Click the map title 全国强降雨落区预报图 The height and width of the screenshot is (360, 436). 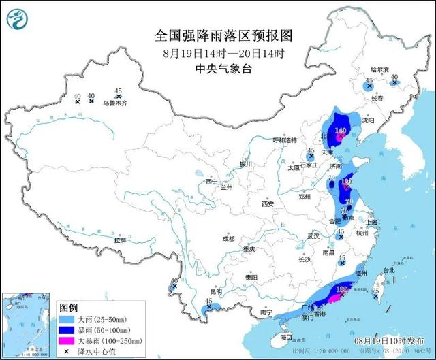point(218,35)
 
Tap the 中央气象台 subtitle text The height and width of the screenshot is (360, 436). point(218,68)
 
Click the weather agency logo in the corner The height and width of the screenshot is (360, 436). point(16,17)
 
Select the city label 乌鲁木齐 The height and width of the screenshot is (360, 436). point(114,103)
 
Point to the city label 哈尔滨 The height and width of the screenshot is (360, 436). point(379,70)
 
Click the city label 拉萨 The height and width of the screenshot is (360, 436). point(120,240)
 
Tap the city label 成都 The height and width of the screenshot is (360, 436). point(228,239)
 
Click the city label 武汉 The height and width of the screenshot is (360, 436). point(313,236)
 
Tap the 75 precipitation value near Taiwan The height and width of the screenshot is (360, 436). point(375,291)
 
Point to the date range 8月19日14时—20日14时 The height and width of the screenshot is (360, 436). point(218,52)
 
